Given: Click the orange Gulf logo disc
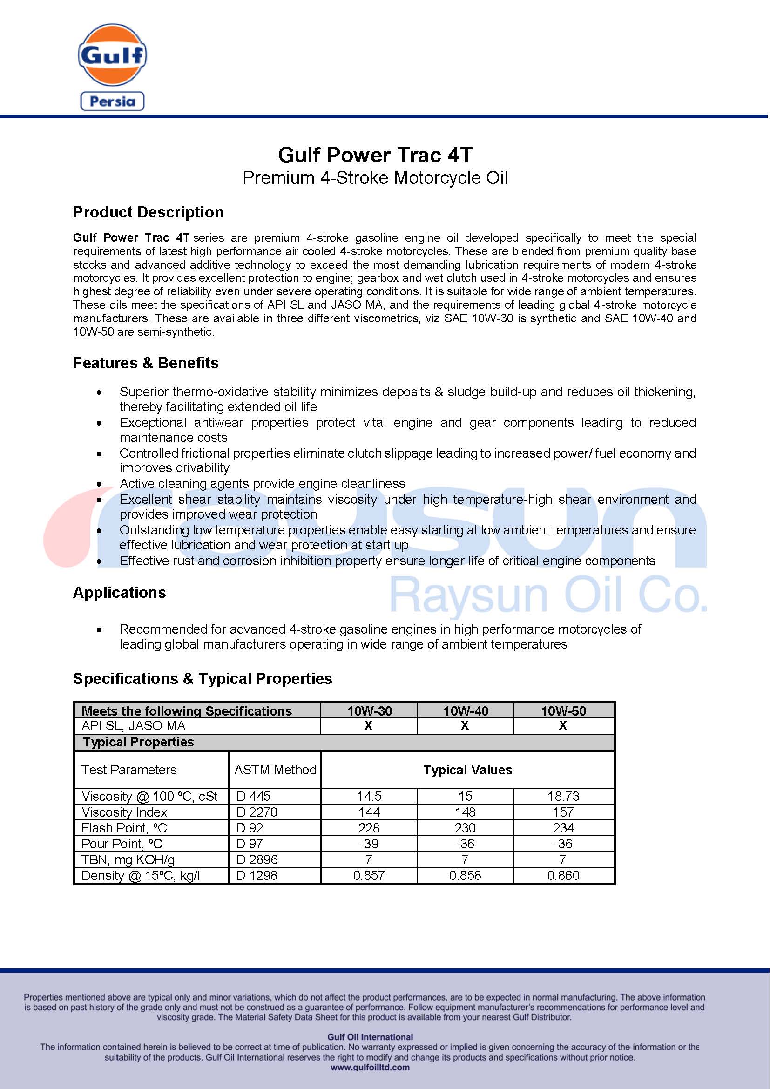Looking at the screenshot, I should pos(112,55).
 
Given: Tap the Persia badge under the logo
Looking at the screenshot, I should pos(112,101).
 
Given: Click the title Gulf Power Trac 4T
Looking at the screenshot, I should pos(375,155).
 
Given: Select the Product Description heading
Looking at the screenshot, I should pos(148,212).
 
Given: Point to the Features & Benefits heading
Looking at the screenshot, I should pos(146,363).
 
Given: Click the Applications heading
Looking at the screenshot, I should pos(120,592).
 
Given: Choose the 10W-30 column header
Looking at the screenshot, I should pos(369,710).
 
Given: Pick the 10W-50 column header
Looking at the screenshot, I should pos(563,710).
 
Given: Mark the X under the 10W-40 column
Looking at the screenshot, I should pos(465,726).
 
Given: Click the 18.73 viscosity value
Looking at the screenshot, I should pos(563,796).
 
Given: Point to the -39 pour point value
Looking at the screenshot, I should pos(369,844).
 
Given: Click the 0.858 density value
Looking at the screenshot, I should pos(465,876).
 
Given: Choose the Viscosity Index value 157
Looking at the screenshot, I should pos(563,812).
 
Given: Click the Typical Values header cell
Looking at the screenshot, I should pos(467,770).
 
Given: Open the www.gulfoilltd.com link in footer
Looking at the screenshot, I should pos(370,1068).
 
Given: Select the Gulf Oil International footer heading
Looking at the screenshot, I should pos(370,1037).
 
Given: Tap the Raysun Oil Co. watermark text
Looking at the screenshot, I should pos(547,595).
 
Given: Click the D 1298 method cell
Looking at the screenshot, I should pos(257,876).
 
